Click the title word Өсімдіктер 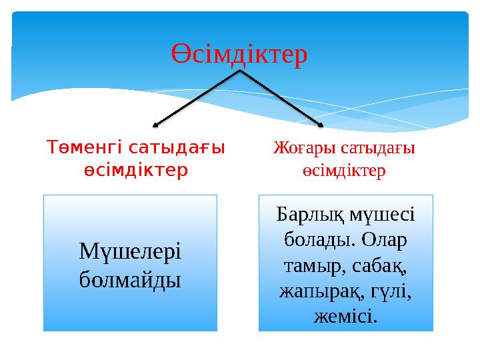pyautogui.click(x=240, y=54)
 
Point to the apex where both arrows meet pyautogui.click(x=239, y=71)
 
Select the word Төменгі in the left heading pyautogui.click(x=84, y=147)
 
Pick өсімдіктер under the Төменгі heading pyautogui.click(x=135, y=170)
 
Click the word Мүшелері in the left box pyautogui.click(x=130, y=251)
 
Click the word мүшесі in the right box pyautogui.click(x=385, y=215)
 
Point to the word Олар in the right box pyautogui.click(x=383, y=238)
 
